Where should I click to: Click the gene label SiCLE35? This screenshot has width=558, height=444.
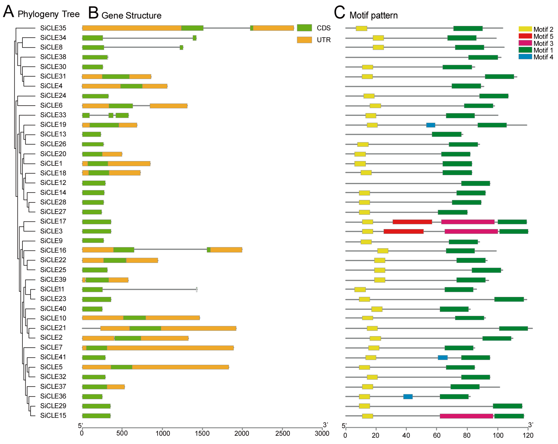[53, 28]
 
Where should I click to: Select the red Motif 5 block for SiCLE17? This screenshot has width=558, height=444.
[412, 222]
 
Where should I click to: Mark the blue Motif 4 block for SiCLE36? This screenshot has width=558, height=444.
[408, 397]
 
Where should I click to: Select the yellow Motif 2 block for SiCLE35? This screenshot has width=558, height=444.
[361, 28]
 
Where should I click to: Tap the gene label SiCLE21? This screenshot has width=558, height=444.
[53, 328]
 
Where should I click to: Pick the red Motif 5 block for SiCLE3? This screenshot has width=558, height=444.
[404, 231]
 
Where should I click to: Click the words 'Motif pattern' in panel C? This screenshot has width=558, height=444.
[373, 16]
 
